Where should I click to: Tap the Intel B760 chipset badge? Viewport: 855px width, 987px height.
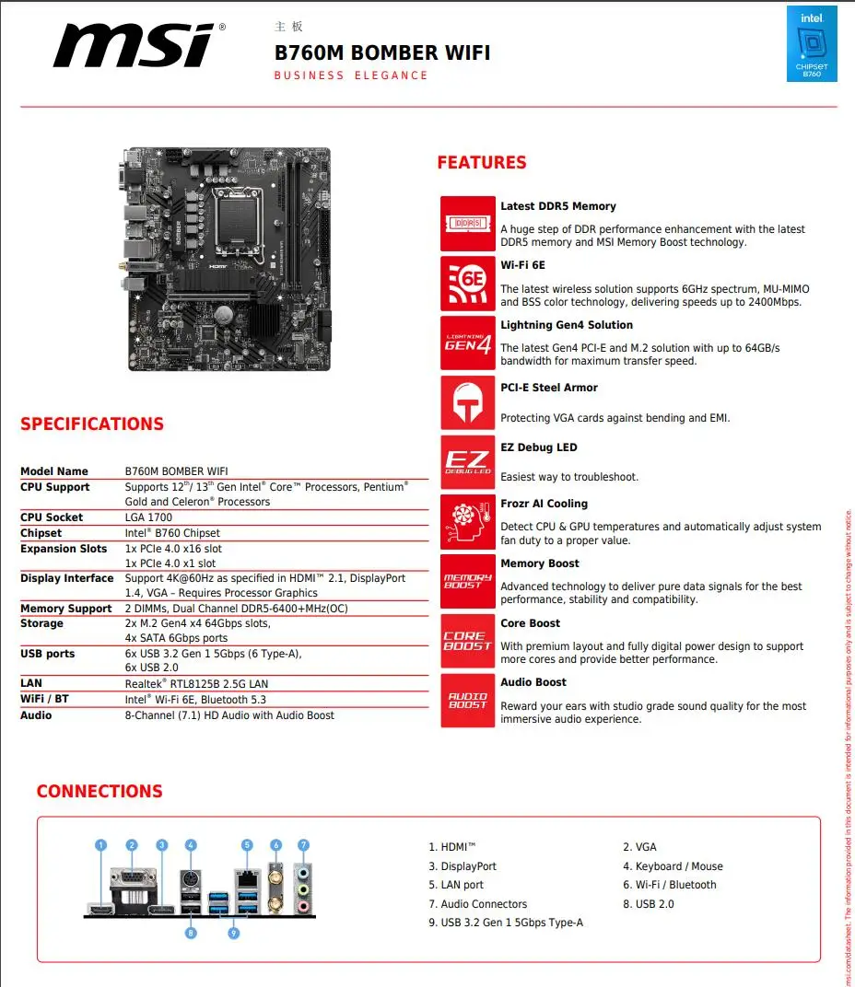812,43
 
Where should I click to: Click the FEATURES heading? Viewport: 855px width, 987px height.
481,163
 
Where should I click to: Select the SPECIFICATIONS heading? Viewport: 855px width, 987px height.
92,424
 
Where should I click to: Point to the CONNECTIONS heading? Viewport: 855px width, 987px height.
100,792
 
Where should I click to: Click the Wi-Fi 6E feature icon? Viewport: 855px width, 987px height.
467,281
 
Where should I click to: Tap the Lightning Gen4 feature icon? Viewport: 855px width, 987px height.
467,343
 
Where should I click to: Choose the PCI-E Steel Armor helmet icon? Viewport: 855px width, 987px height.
467,402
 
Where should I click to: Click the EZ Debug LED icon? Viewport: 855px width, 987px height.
467,462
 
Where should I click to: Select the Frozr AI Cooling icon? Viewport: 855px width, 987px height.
467,522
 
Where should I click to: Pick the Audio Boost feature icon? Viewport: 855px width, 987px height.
467,701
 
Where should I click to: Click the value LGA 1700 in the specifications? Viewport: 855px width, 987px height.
148,517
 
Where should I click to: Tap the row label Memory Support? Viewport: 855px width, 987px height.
66,609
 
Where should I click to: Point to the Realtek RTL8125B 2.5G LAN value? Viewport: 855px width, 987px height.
196,684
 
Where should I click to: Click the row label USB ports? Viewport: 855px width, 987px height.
48,654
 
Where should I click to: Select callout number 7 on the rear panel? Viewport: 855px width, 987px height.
303,844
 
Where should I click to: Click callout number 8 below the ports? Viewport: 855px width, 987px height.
191,933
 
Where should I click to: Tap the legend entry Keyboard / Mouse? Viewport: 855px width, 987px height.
673,866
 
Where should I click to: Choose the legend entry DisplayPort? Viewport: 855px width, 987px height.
463,866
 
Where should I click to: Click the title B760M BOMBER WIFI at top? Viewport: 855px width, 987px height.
382,52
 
